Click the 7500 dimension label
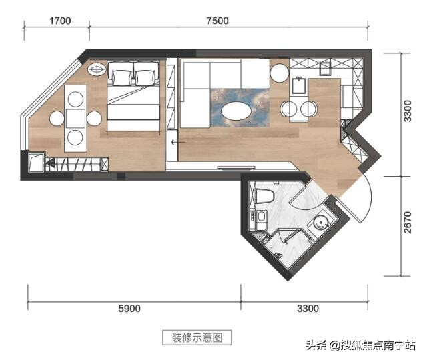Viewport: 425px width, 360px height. [218, 21]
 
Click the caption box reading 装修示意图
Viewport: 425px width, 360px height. [197, 337]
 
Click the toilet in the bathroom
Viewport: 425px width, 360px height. [265, 195]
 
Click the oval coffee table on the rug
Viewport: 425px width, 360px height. [238, 112]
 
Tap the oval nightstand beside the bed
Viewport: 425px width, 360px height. [97, 68]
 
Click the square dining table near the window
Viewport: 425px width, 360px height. [75, 119]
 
